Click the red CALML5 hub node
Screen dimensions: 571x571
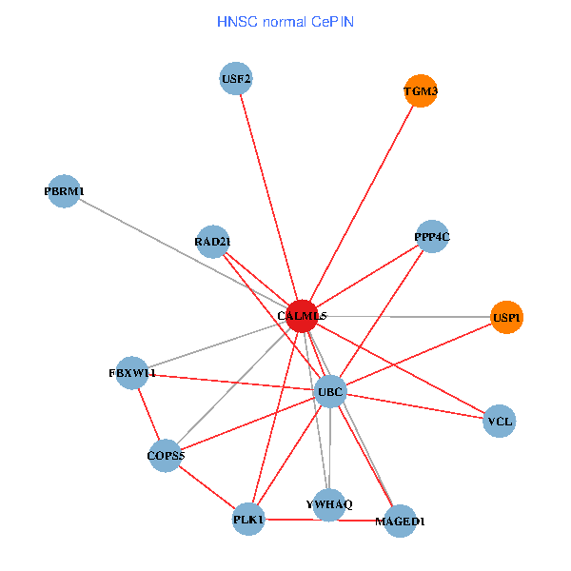tap(301, 315)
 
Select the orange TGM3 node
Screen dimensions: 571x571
tap(421, 91)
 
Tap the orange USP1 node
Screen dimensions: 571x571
tap(506, 317)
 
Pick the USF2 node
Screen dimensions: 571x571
tap(235, 79)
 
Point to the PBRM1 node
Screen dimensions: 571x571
tap(63, 191)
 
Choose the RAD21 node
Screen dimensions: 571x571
tap(212, 241)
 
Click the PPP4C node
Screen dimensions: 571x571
tap(431, 236)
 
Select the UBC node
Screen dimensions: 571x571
tap(329, 391)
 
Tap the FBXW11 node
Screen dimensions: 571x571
tap(132, 373)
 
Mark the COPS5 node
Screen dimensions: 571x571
tap(166, 456)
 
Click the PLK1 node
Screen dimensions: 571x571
tap(248, 519)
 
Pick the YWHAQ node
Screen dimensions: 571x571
tap(328, 504)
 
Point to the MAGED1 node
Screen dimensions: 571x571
tap(400, 521)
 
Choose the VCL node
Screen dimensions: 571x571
tap(499, 421)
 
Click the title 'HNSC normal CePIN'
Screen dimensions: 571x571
tap(285, 21)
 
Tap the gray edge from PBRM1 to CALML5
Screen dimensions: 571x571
tap(181, 253)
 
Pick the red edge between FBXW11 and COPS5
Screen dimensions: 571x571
tap(148, 414)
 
